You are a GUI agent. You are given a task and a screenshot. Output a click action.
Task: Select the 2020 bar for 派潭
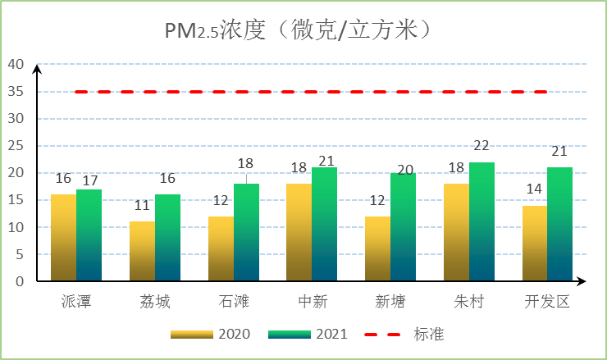coord(63,238)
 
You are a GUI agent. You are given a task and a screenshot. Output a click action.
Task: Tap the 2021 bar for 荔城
coord(168,238)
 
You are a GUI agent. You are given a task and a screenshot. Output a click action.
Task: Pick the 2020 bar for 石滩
coord(221,248)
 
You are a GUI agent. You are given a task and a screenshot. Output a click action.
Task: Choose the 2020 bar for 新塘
coord(378,248)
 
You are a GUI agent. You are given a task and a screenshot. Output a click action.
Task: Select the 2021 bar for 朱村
coord(482,221)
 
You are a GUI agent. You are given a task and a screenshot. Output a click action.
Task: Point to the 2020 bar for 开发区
coord(535,244)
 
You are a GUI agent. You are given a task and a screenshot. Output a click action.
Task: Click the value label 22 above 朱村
coord(481,146)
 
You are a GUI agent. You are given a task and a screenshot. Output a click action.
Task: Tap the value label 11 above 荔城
coord(141,206)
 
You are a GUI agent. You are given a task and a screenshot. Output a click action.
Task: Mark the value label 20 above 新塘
coord(404,157)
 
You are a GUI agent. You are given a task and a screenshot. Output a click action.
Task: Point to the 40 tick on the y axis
coord(16,64)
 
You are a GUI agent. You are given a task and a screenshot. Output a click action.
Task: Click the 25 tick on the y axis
coord(16,146)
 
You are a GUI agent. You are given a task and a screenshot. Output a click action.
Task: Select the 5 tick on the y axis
coord(20,254)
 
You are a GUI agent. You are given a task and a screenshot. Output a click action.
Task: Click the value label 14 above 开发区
coord(534,189)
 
